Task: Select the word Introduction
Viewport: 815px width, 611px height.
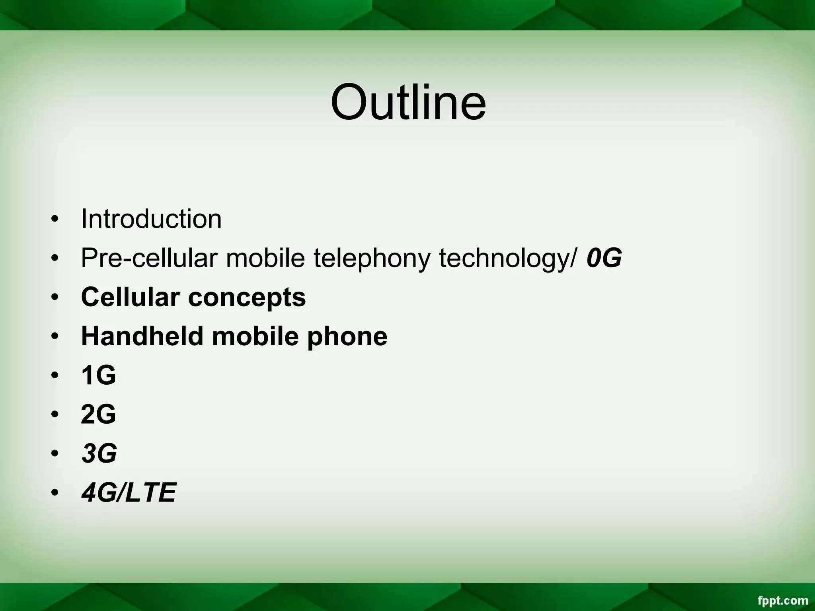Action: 151,219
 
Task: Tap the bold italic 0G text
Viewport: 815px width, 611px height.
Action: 604,258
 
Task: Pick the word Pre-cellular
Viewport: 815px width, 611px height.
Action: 149,258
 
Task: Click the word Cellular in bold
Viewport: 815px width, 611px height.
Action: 130,297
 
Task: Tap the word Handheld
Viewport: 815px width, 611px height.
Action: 142,336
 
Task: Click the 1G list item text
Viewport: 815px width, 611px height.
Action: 98,375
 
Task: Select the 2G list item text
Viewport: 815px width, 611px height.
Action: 98,414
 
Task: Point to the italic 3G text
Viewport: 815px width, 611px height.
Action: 99,453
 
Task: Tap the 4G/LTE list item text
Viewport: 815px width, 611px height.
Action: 128,492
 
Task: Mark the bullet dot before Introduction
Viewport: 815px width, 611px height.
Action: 55,220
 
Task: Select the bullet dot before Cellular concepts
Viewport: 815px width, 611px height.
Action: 55,298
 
